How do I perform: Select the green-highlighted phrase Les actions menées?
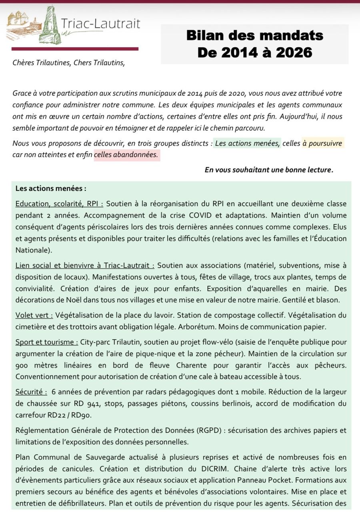(248, 143)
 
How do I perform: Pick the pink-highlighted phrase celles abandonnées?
(127, 154)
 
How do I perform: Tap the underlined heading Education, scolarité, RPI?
(59, 204)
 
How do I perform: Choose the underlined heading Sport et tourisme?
(47, 342)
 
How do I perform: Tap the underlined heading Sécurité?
(31, 392)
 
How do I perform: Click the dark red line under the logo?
(75, 49)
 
